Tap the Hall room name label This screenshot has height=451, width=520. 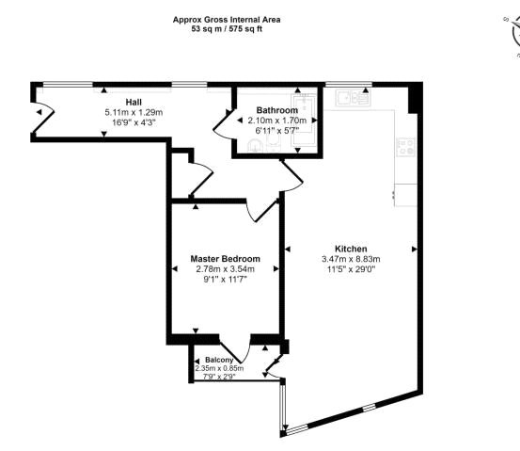(x=133, y=102)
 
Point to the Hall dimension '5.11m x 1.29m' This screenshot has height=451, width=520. (x=133, y=112)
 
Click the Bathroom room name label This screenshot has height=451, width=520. (x=277, y=110)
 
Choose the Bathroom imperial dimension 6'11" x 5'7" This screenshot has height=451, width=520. (x=277, y=131)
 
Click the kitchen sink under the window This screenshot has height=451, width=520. (x=354, y=95)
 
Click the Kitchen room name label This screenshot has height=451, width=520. (x=350, y=249)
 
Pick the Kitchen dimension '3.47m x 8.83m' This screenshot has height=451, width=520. (x=350, y=259)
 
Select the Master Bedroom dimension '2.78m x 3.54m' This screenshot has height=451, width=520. (x=225, y=269)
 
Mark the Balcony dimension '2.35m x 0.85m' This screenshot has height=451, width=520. (x=218, y=368)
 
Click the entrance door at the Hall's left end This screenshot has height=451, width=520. (x=39, y=113)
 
